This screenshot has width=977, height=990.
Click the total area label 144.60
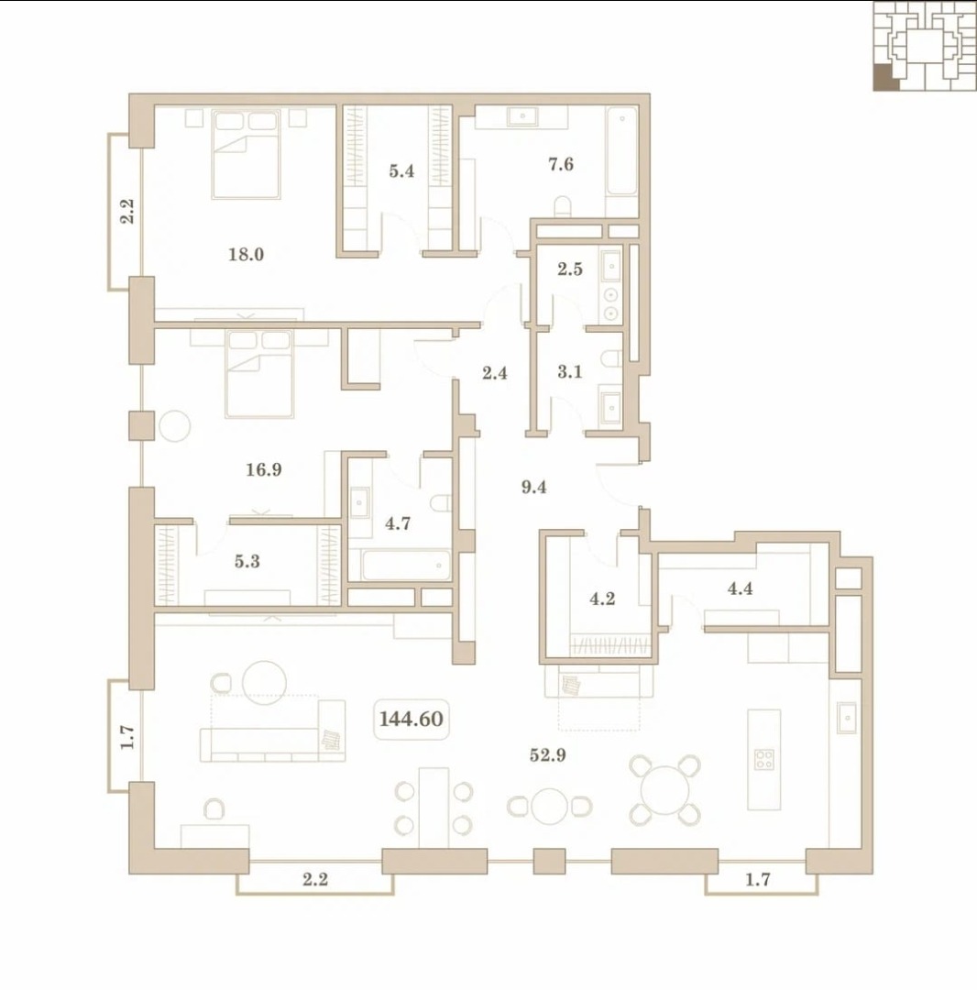click(x=411, y=719)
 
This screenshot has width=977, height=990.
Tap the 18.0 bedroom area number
click(x=247, y=255)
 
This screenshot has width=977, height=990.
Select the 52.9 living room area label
click(x=547, y=754)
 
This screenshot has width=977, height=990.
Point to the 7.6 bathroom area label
click(x=561, y=164)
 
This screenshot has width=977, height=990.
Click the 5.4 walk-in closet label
click(x=401, y=170)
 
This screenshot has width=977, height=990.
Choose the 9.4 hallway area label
click(x=534, y=487)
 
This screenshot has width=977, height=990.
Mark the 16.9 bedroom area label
click(x=264, y=469)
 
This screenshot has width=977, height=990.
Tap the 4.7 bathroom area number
click(x=398, y=522)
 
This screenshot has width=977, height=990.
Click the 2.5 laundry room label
click(x=570, y=269)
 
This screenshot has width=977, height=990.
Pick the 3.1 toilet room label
click(x=570, y=371)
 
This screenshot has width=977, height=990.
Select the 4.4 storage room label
click(x=740, y=588)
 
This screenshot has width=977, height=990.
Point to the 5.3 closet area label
click(x=247, y=561)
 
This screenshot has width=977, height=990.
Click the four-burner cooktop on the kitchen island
click(x=764, y=759)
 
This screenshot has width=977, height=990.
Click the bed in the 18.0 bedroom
click(x=247, y=155)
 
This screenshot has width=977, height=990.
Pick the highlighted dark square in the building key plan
click(x=886, y=79)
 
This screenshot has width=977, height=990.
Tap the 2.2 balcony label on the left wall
click(x=127, y=211)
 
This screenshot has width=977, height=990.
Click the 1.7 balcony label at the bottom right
click(x=757, y=879)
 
